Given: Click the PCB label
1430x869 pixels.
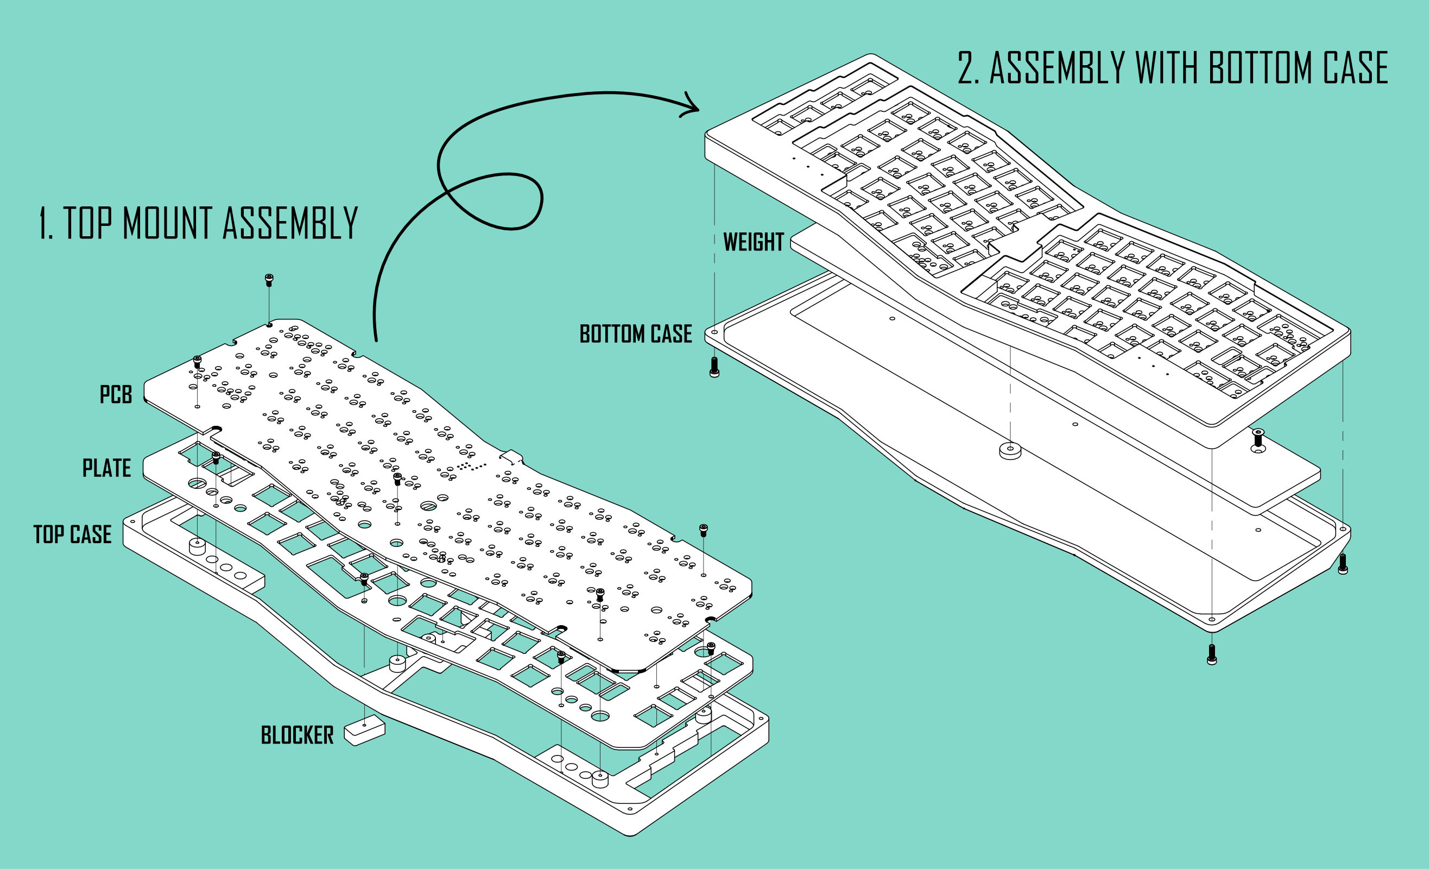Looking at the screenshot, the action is click(x=116, y=394).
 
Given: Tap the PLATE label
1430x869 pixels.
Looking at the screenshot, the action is click(x=107, y=468).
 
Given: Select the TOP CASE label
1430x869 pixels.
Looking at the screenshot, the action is click(x=73, y=534).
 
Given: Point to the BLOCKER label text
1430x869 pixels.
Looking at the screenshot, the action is click(x=297, y=735).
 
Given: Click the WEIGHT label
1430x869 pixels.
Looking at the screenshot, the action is click(x=754, y=242).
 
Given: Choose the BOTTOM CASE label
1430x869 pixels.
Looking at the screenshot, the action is click(x=636, y=334).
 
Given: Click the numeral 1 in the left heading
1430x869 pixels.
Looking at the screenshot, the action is click(x=44, y=223).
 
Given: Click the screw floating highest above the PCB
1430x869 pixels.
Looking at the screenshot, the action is click(x=269, y=280).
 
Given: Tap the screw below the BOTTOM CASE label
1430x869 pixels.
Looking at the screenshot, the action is click(x=714, y=367).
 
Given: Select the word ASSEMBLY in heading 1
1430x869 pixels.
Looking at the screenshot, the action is click(x=290, y=223).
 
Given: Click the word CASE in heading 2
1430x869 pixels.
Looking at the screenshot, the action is click(x=1356, y=68).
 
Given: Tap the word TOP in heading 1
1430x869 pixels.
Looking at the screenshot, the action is click(x=87, y=223).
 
